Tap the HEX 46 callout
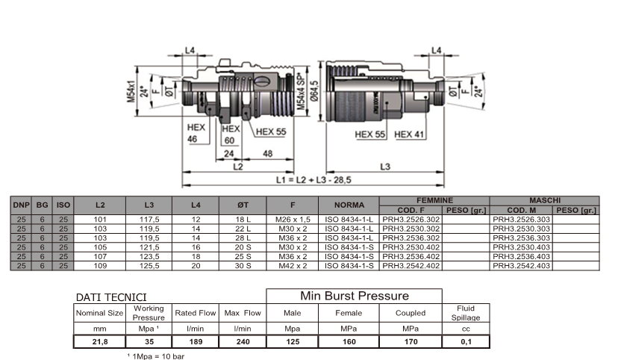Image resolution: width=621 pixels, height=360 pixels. (196, 133)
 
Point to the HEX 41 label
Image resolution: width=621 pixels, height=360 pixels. (409, 134)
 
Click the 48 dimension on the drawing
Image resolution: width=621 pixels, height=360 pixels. (267, 155)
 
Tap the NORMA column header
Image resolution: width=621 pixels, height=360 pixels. (349, 205)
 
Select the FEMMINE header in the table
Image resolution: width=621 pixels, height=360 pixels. (434, 200)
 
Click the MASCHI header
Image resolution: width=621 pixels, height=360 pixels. (545, 200)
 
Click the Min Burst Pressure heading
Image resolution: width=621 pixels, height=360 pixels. (354, 296)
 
